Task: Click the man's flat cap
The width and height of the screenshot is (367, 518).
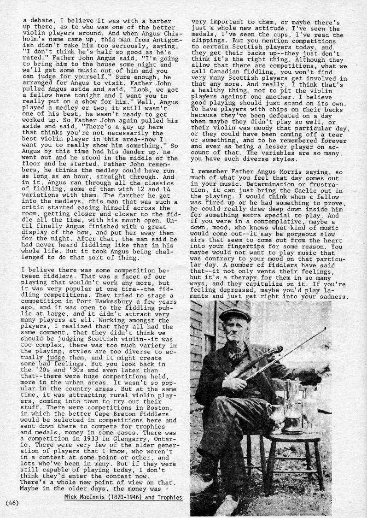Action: pos(234,314)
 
